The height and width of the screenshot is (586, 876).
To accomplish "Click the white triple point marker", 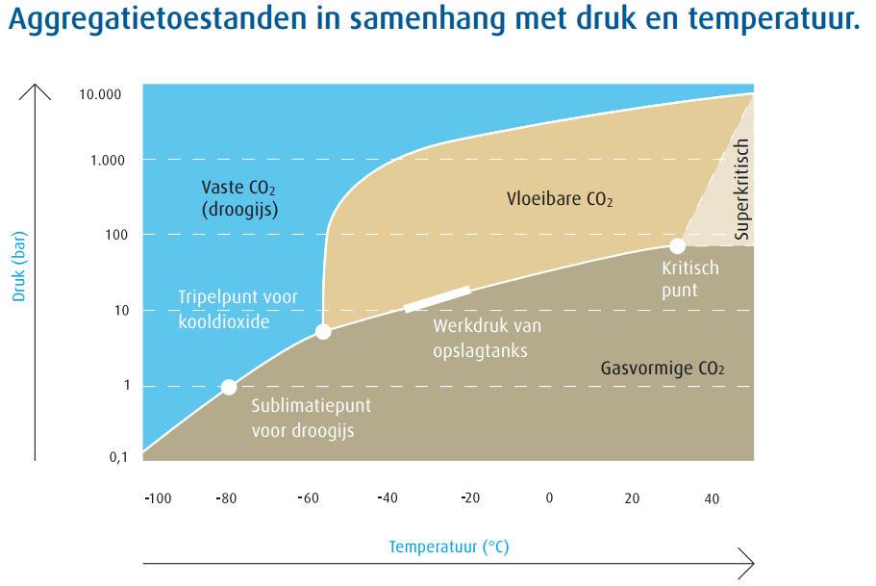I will pos(323,332).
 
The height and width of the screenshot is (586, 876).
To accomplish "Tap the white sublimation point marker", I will pos(229,387).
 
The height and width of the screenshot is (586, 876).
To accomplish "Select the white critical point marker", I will pos(677,246).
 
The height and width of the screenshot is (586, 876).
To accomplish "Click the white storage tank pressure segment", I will pos(437,298).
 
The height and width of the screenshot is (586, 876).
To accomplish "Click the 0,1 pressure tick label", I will pos(117,457).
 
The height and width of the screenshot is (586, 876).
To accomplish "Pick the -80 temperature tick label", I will pos(226,498).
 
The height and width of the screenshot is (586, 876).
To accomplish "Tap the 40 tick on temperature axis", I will pos(712,498).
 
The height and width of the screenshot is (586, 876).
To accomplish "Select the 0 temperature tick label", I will pos(549,498).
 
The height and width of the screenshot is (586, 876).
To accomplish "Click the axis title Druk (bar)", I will pos(18,267).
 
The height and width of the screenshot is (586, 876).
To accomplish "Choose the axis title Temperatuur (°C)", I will pos(448,548).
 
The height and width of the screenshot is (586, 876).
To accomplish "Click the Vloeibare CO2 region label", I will pos(560,199).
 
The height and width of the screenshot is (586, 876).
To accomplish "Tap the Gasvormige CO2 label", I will pos(663,368).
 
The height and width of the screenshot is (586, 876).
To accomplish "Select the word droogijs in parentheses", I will pos(239,208).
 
